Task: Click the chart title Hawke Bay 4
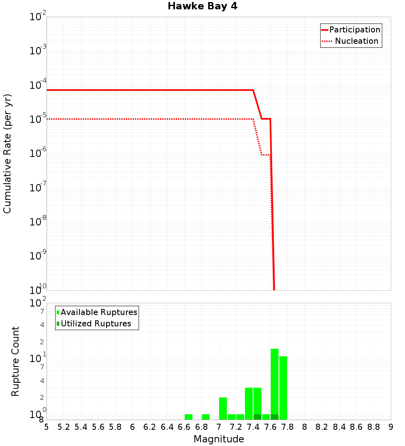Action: pyautogui.click(x=202, y=6)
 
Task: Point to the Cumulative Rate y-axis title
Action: pyautogui.click(x=7, y=153)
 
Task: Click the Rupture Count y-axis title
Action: pyautogui.click(x=15, y=361)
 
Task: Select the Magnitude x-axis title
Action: pyautogui.click(x=219, y=439)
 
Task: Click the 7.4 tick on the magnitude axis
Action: pyautogui.click(x=253, y=427)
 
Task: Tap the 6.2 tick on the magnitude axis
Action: pyautogui.click(x=150, y=427)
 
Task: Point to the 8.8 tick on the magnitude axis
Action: pyautogui.click(x=373, y=427)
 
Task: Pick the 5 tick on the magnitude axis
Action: pyautogui.click(x=47, y=427)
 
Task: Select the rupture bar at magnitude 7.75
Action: pyautogui.click(x=283, y=388)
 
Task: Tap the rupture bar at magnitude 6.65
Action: pyautogui.click(x=188, y=417)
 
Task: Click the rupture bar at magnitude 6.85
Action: pyautogui.click(x=206, y=417)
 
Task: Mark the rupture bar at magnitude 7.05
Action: pyautogui.click(x=223, y=408)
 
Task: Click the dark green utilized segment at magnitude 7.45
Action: pyautogui.click(x=257, y=417)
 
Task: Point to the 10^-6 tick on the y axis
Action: pyautogui.click(x=38, y=154)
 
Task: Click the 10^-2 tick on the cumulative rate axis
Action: pyautogui.click(x=38, y=17)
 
